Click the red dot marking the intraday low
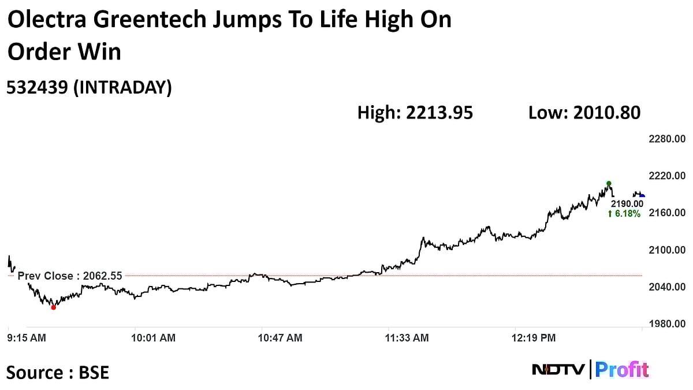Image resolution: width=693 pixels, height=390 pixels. coord(54,307)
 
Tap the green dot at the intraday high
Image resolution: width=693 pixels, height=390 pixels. coord(609,183)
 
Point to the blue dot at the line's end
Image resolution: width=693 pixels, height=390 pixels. coord(642,196)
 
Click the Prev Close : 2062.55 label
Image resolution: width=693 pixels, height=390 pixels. coord(70,276)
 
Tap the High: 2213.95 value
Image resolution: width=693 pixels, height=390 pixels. coord(415,113)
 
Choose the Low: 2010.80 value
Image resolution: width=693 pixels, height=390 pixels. coord(584,113)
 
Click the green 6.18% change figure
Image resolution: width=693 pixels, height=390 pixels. coord(624,214)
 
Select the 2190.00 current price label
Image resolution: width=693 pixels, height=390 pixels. coord(627,203)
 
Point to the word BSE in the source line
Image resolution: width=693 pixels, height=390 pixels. coord(93,372)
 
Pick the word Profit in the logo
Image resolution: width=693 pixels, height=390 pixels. coord(621,369)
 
